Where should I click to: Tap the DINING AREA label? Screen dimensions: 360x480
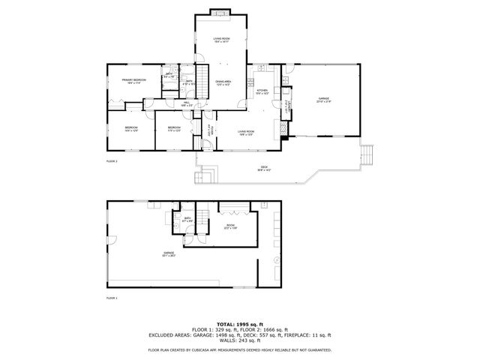pyautogui.click(x=223, y=82)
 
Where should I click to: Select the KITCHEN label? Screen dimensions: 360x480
pyautogui.click(x=262, y=91)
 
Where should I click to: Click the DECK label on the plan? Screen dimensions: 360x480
pyautogui.click(x=264, y=168)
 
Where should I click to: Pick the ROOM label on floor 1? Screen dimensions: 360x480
pyautogui.click(x=231, y=226)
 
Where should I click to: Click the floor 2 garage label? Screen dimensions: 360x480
pyautogui.click(x=324, y=98)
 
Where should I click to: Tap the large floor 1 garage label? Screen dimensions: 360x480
pyautogui.click(x=169, y=254)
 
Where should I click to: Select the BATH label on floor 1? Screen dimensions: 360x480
pyautogui.click(x=187, y=220)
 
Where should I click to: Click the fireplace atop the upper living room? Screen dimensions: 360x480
pyautogui.click(x=220, y=12)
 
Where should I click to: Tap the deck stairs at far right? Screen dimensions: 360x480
pyautogui.click(x=366, y=156)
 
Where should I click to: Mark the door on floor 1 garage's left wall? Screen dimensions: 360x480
pyautogui.click(x=110, y=241)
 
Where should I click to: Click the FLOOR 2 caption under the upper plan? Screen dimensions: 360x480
pyautogui.click(x=112, y=161)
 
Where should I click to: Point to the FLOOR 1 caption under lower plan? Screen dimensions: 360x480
pyautogui.click(x=112, y=298)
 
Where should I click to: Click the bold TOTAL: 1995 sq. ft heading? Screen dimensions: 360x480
pyautogui.click(x=239, y=323)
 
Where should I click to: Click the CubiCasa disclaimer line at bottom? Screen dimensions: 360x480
pyautogui.click(x=239, y=349)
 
